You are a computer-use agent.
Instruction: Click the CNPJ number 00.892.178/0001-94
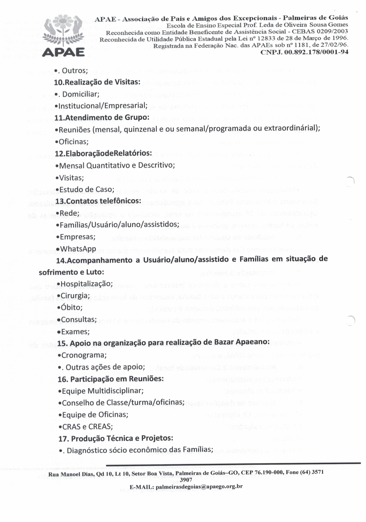coord(305,52)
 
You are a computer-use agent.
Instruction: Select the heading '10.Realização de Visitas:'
coord(97,82)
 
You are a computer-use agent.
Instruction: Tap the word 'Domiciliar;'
coord(81,94)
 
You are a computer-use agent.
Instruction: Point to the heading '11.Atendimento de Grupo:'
coord(102,118)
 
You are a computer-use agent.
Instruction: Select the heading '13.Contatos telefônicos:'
coord(98,201)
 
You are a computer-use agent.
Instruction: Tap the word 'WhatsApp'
coord(78,249)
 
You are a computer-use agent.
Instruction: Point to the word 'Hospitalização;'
coord(87,284)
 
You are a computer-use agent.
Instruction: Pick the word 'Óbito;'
coord(72,307)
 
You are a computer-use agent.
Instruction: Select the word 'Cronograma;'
coord(84,355)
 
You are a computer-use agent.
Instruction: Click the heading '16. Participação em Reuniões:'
coord(111,379)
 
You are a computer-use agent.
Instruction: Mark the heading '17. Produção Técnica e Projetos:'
coord(115,438)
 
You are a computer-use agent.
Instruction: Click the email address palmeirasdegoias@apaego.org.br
coord(199,486)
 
